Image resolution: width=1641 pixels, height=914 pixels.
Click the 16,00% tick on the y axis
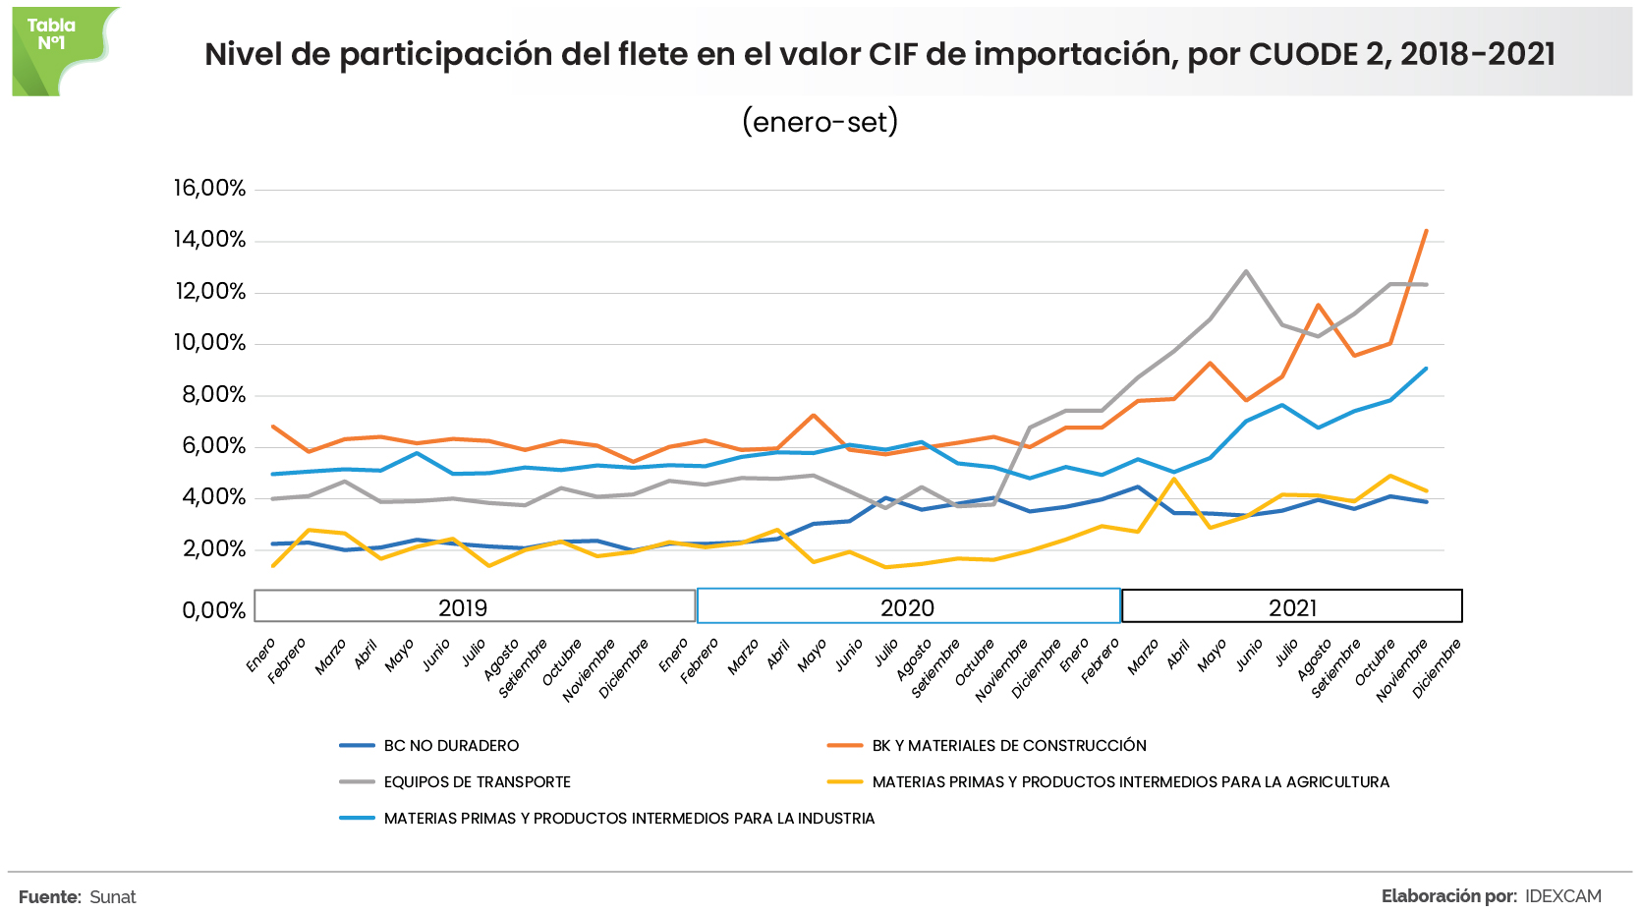click(209, 188)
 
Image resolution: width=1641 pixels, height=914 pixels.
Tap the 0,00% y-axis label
click(213, 610)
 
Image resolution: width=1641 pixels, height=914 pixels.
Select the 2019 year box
click(474, 606)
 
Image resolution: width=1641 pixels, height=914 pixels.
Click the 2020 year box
click(908, 606)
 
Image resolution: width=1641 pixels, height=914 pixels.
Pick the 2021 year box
click(1291, 606)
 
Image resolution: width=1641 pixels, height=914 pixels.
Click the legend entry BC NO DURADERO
click(451, 746)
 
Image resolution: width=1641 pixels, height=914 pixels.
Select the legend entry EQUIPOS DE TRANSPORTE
click(477, 782)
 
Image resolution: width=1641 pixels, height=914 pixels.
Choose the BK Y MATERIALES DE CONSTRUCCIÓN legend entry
click(1009, 746)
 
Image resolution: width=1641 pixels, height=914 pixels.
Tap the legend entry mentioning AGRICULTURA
click(1130, 782)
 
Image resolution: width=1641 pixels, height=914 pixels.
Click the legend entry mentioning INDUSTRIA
click(629, 819)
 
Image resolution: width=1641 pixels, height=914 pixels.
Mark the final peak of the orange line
click(1426, 231)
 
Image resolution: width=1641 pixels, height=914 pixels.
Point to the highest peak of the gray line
click(1246, 271)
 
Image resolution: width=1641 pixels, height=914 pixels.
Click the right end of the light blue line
click(1426, 369)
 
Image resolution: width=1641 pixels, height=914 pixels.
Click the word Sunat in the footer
click(112, 897)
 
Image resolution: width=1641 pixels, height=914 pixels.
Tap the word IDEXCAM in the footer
click(1562, 896)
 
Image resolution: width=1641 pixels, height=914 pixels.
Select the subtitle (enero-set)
click(820, 122)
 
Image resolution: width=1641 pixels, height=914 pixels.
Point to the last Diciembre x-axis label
click(1438, 668)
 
